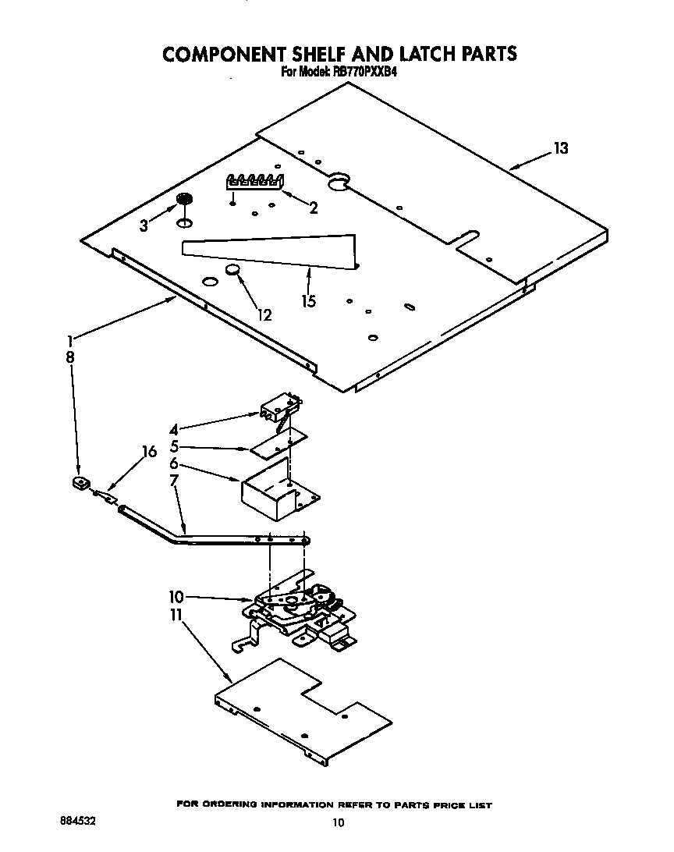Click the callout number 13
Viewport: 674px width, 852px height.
tap(561, 148)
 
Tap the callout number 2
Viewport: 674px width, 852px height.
tap(314, 208)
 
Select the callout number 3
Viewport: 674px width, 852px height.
tap(144, 226)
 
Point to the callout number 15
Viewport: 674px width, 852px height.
tap(310, 301)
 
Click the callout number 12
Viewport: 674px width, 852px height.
tap(264, 315)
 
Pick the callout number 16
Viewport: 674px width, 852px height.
tap(150, 452)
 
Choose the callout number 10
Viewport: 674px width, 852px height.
tap(176, 597)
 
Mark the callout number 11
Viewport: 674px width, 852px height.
tap(176, 616)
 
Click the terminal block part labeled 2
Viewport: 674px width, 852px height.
tap(254, 182)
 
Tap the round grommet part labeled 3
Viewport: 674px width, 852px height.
tap(184, 200)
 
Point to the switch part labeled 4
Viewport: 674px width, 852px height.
tap(279, 406)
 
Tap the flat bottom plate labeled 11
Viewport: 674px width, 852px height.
tap(304, 710)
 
